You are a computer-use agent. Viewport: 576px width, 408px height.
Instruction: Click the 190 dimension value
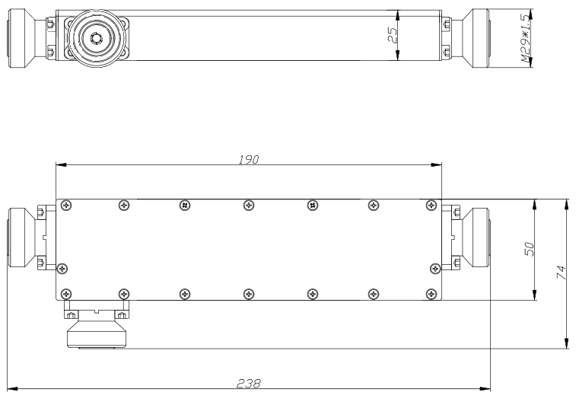[249, 160]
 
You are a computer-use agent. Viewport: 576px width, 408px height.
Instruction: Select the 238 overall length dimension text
[249, 384]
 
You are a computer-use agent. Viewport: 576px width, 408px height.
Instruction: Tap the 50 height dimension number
[530, 249]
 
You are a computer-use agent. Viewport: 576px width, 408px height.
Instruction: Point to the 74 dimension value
[562, 272]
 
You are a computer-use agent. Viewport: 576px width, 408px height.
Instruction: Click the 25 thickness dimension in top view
[393, 35]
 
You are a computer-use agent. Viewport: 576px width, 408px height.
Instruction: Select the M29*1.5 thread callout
[526, 38]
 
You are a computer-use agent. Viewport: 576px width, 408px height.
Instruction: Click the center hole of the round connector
[96, 37]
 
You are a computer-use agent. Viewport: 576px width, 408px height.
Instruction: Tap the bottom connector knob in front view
[97, 334]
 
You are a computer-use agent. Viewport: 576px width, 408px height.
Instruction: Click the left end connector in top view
[21, 38]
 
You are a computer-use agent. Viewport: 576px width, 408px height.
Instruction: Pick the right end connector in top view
[476, 38]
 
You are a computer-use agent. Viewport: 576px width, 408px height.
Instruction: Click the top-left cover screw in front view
[66, 205]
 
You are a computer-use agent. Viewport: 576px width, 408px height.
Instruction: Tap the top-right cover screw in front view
[431, 205]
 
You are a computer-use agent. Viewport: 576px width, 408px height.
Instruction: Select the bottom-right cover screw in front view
[431, 294]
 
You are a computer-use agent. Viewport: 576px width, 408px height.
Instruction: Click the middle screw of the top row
[249, 205]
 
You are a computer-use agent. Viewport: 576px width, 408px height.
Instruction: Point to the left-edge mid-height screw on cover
[63, 269]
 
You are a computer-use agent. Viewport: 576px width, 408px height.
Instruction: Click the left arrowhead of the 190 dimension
[61, 164]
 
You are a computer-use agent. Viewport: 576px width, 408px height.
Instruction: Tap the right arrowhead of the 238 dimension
[485, 388]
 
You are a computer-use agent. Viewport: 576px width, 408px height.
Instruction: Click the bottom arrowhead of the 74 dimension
[566, 343]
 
